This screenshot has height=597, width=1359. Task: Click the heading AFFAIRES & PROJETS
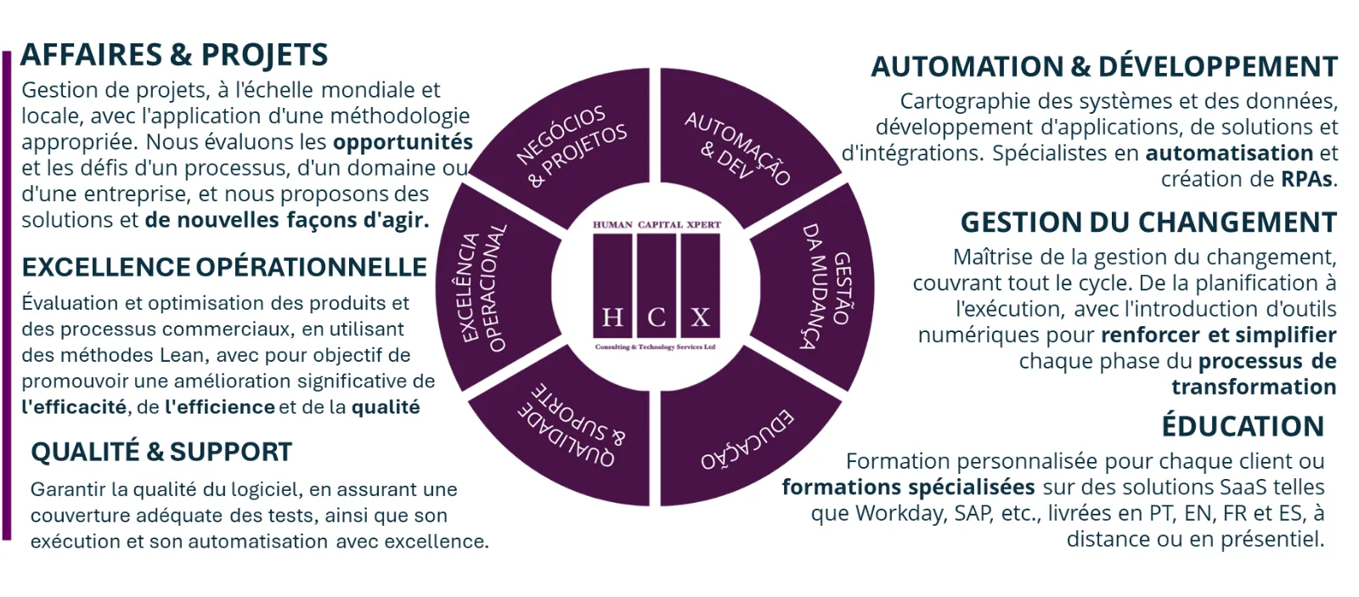pyautogui.click(x=174, y=54)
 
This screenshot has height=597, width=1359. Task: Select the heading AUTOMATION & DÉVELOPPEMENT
pyautogui.click(x=1104, y=67)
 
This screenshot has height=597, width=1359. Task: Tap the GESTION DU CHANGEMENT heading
pyautogui.click(x=1148, y=222)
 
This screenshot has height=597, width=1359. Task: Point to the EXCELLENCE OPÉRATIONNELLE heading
pyautogui.click(x=224, y=267)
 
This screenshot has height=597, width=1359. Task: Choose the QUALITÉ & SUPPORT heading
pyautogui.click(x=161, y=452)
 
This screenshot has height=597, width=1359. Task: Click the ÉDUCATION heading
pyautogui.click(x=1243, y=425)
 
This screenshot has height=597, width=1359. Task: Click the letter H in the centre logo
pyautogui.click(x=612, y=318)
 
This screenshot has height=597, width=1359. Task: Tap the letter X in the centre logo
pyautogui.click(x=700, y=318)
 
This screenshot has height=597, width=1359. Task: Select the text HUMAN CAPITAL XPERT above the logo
pyautogui.click(x=657, y=224)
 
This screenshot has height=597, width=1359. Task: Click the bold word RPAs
pyautogui.click(x=1307, y=179)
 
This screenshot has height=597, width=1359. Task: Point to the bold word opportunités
pyautogui.click(x=403, y=142)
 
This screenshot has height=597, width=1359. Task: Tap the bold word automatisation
pyautogui.click(x=1229, y=153)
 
